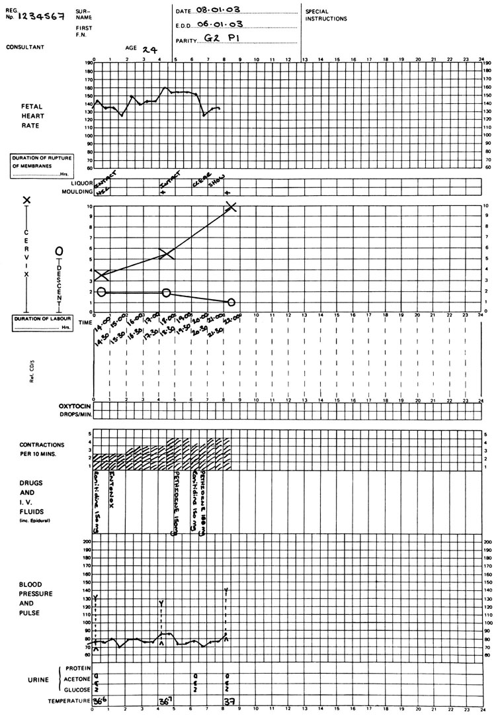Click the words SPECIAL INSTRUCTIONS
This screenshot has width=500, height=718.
326,15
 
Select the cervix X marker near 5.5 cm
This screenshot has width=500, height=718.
167,254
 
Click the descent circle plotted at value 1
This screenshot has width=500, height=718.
230,302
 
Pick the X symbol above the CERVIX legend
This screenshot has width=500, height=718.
27,200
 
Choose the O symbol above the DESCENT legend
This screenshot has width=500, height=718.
59,252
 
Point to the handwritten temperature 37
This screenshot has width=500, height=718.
229,701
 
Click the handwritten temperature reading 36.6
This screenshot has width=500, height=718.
99,701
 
